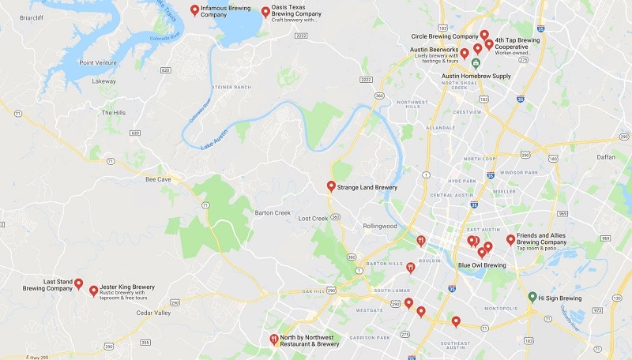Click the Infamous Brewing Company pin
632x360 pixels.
coord(195,9)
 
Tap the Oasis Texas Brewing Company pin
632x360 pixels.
coord(265,11)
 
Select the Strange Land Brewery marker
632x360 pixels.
coord(331,186)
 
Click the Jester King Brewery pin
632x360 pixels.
coord(93,291)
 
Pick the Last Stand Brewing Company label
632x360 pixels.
coord(47,285)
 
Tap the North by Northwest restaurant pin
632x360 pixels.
coord(273,339)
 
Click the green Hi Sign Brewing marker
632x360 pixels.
coord(532,297)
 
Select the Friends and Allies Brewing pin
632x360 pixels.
coord(510,239)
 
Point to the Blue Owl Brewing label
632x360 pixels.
coord(482,265)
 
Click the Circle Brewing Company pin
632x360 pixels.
coord(484,36)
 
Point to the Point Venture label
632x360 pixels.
coord(98,62)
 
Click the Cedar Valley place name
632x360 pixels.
coord(153,313)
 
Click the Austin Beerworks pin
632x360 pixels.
coord(465,54)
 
